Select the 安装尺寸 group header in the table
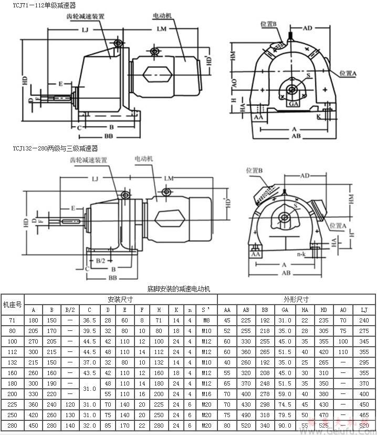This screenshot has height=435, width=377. click(x=120, y=299)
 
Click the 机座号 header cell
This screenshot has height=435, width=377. click(x=13, y=304)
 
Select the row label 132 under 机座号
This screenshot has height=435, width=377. click(x=13, y=362)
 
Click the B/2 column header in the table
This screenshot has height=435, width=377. click(x=70, y=309)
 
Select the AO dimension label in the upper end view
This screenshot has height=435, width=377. click(x=235, y=83)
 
